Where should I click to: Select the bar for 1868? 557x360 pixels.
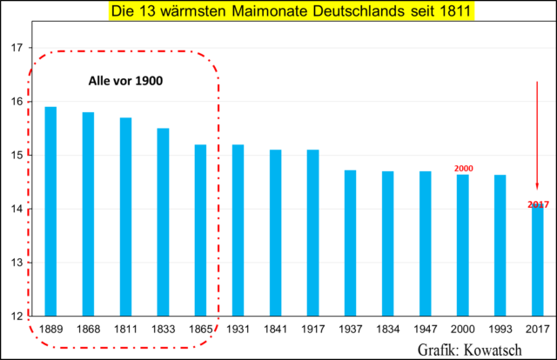pos(88,214)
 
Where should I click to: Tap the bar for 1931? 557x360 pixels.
pos(238,230)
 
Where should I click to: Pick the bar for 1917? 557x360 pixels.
pos(312,233)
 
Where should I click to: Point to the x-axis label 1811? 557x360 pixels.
pos(125,330)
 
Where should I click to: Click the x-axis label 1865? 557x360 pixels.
pos(200,330)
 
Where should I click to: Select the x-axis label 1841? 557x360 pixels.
pos(275,330)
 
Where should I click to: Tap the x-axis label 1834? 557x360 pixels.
pos(387,330)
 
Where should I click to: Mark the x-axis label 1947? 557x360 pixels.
pos(425,330)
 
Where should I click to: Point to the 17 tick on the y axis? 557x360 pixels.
pos(15,48)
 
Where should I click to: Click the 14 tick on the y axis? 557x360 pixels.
pos(15,210)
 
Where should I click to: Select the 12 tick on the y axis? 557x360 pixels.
pos(15,317)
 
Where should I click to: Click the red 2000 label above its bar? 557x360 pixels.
pos(463,167)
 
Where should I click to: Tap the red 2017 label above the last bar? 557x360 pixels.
pos(538,204)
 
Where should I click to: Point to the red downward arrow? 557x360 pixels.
pos(537,139)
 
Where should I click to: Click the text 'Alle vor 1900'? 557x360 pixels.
pos(127,81)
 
